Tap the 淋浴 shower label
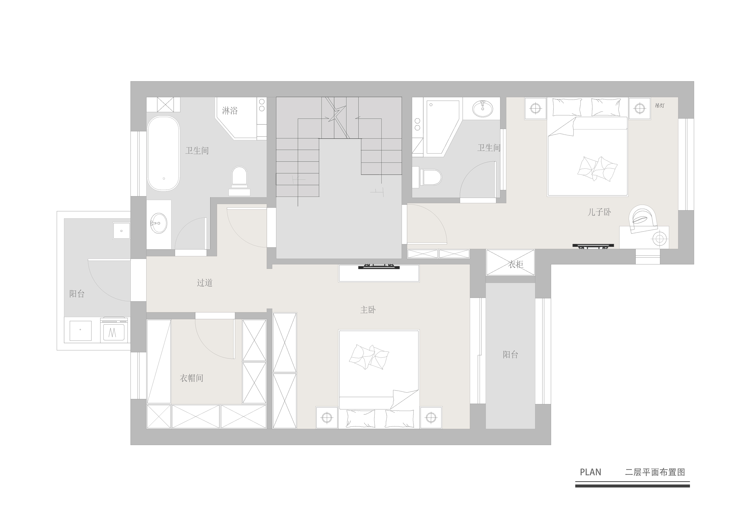(x=230, y=111)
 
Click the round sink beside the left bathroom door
(x=158, y=223)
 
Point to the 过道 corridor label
(x=205, y=283)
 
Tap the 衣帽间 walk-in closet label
(x=192, y=378)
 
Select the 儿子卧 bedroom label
(x=599, y=212)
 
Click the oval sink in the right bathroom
(x=482, y=109)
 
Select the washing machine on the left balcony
(x=114, y=330)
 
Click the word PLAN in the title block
(x=590, y=472)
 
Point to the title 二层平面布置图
(x=655, y=472)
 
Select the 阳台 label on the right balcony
(x=510, y=355)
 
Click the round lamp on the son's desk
(x=659, y=239)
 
